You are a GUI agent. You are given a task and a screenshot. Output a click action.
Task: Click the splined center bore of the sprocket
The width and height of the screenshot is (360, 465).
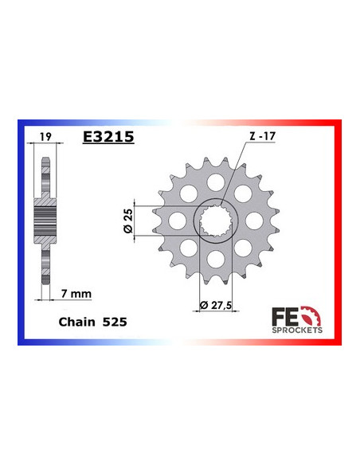coord(213,217)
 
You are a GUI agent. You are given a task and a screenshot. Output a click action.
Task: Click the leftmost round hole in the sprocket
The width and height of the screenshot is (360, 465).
coord(177,217)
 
